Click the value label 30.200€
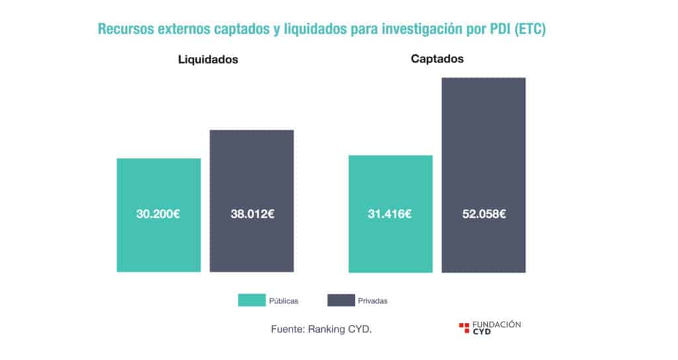point(158,214)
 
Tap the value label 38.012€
point(252,214)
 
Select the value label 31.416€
point(390,214)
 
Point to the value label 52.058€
point(483,214)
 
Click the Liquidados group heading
point(208,60)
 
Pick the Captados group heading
point(437,58)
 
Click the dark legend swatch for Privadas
point(340,300)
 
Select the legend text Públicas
point(283,301)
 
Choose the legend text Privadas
point(373,301)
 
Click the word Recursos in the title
point(124,30)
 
